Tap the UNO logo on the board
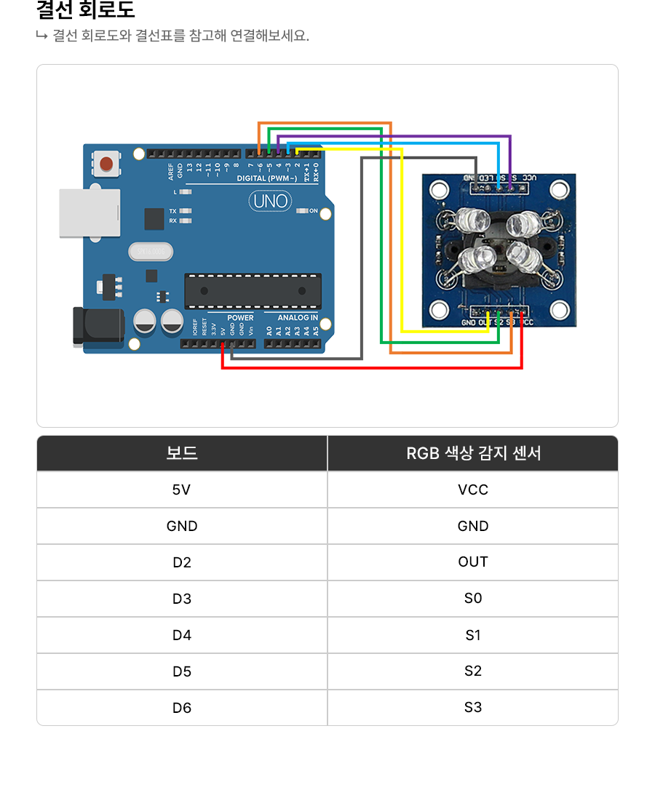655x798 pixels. pyautogui.click(x=269, y=201)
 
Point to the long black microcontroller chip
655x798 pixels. pyautogui.click(x=252, y=290)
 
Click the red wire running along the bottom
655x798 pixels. pyautogui.click(x=371, y=368)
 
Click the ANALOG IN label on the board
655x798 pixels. pyautogui.click(x=297, y=318)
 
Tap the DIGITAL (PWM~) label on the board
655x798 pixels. pyautogui.click(x=267, y=178)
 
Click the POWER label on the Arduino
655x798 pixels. pyautogui.click(x=240, y=318)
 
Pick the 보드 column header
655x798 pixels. pyautogui.click(x=182, y=453)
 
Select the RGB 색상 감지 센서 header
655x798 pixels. pyautogui.click(x=473, y=453)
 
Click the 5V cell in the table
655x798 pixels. pyautogui.click(x=182, y=490)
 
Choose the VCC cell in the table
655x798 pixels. pyautogui.click(x=473, y=490)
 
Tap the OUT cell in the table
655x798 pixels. pyautogui.click(x=473, y=562)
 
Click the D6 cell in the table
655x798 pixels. pyautogui.click(x=182, y=707)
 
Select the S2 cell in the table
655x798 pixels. pyautogui.click(x=473, y=671)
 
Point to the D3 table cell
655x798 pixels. pyautogui.click(x=182, y=599)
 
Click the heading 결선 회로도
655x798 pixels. pyautogui.click(x=85, y=11)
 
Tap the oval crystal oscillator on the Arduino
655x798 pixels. pyautogui.click(x=151, y=252)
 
